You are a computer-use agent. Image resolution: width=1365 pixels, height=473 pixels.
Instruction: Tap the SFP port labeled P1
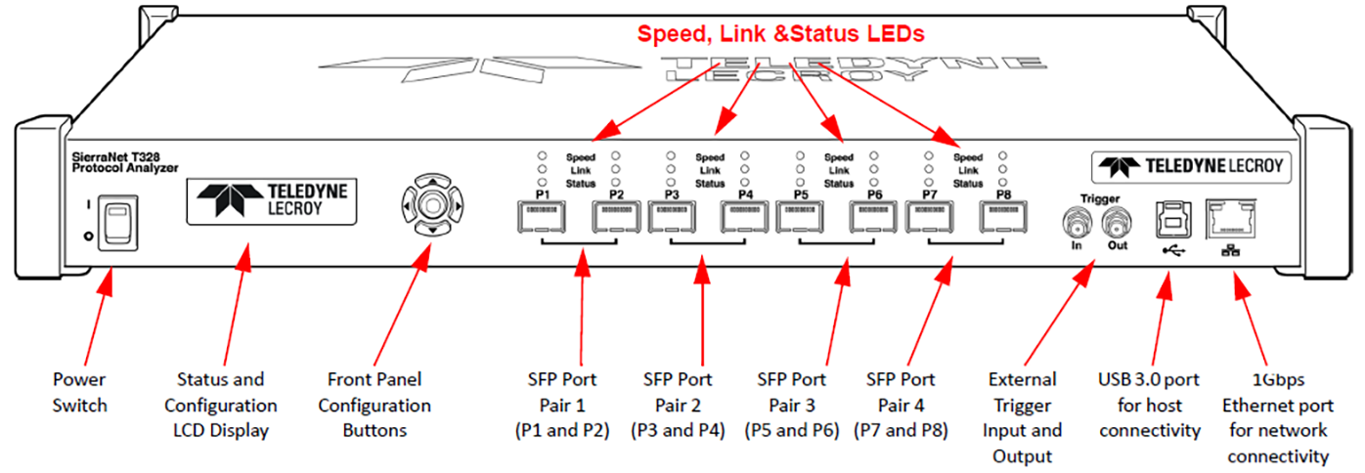coord(542,217)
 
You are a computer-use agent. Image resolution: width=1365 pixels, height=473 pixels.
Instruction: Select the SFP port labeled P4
coord(745,217)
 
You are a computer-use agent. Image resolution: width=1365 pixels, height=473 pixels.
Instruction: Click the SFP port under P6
coord(874,217)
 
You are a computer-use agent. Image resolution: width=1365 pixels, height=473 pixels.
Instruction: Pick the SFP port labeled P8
coord(1003,217)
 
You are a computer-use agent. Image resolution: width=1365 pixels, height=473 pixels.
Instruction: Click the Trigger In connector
coord(1077,224)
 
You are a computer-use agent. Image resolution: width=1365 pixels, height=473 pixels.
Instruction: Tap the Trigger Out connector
coord(1117,224)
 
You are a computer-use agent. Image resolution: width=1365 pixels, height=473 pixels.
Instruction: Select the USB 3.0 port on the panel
coord(1173,220)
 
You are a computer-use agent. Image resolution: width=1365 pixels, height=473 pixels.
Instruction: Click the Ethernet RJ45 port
coord(1231,219)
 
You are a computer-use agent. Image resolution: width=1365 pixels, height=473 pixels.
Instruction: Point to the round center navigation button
coord(432,204)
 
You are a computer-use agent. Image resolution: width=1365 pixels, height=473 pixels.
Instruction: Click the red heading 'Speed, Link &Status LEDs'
coord(780,33)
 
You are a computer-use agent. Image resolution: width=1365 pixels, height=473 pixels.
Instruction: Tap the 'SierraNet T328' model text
coord(115,157)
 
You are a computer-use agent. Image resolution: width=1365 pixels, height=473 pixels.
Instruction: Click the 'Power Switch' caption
coord(79,392)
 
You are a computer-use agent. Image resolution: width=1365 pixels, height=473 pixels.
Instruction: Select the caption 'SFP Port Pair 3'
coord(792,392)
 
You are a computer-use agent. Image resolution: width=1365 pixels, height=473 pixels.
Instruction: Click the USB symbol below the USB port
coord(1173,250)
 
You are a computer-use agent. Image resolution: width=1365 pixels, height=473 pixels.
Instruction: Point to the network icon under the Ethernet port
coord(1230,250)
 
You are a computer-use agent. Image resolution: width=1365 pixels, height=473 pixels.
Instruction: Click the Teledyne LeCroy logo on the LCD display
coord(272,201)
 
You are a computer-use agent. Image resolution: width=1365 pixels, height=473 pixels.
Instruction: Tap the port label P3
coord(672,194)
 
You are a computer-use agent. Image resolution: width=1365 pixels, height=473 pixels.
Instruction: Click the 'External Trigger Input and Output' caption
coord(1023,417)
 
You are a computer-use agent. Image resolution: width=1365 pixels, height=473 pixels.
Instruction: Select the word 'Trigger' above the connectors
coord(1100,199)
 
